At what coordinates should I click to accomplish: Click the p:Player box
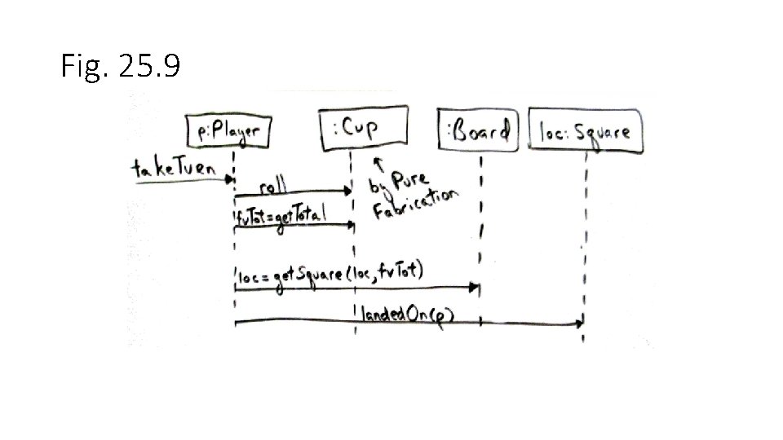pyautogui.click(x=228, y=130)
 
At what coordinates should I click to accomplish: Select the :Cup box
pyautogui.click(x=363, y=128)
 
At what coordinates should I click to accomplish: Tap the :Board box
pyautogui.click(x=478, y=130)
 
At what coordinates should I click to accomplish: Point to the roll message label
pyautogui.click(x=272, y=187)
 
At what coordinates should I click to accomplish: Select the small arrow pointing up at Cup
pyautogui.click(x=377, y=165)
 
